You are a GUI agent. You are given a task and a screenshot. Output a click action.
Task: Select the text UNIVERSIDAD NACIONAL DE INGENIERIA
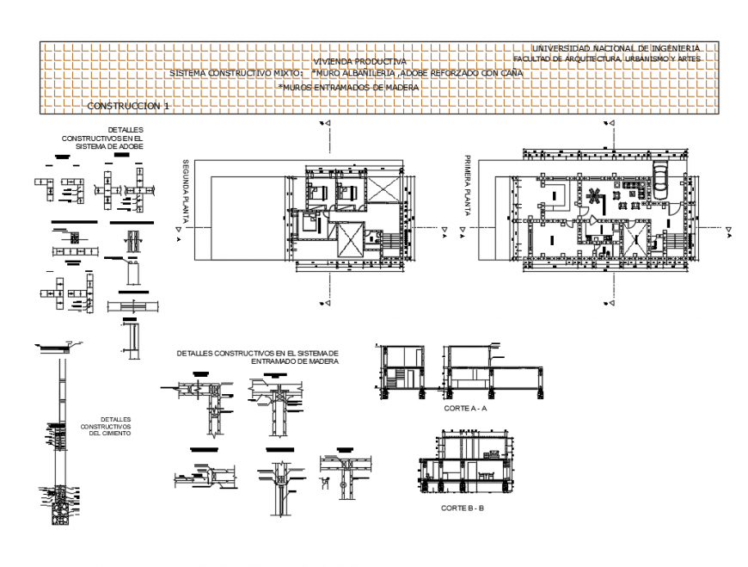(616, 48)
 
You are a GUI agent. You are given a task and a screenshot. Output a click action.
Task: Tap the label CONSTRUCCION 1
(129, 105)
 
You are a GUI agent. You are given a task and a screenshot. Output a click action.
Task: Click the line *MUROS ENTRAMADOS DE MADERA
(347, 87)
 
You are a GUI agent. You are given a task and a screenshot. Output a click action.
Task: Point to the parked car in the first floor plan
(660, 178)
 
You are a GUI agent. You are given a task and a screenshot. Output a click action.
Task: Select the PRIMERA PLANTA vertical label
(468, 184)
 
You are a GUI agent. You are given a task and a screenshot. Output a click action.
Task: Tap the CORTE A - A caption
(465, 410)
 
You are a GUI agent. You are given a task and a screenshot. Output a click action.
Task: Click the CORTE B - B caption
(463, 508)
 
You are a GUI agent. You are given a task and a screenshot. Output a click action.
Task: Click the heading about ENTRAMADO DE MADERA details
(258, 357)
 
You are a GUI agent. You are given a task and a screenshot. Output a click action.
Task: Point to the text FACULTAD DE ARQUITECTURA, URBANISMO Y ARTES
(607, 59)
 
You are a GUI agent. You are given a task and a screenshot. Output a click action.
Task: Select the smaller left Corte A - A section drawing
(401, 370)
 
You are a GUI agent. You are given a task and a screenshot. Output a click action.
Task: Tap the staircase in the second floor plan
(387, 241)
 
